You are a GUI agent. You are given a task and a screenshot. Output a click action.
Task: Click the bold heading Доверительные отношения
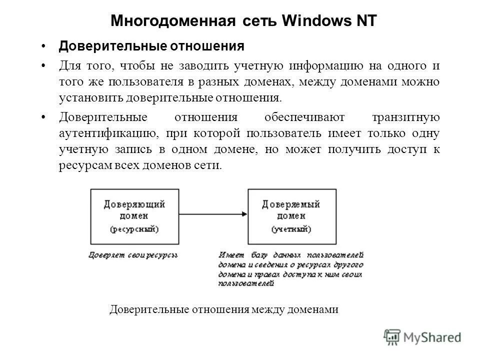click(151, 46)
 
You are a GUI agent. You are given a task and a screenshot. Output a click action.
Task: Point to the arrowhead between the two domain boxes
click(244, 214)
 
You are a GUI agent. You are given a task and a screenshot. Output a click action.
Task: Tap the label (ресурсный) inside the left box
click(134, 229)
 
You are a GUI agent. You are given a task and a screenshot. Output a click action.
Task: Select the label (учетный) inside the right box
click(291, 229)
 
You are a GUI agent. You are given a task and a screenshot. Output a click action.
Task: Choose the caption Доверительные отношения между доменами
click(224, 309)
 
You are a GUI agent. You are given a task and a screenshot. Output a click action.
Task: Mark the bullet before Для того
click(44, 65)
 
